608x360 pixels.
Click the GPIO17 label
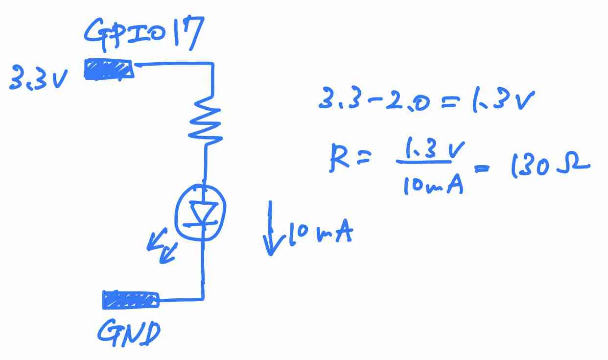(x=144, y=34)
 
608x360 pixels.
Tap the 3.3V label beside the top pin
(x=38, y=77)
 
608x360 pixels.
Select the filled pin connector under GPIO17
(x=109, y=70)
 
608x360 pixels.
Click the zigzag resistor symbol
(x=206, y=121)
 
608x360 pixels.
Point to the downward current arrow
(x=270, y=228)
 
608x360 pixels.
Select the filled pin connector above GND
(x=130, y=300)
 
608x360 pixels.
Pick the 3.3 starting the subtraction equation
(x=340, y=98)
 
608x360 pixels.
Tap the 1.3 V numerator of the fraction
(x=434, y=148)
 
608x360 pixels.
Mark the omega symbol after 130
(x=573, y=164)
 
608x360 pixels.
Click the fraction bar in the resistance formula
(x=424, y=162)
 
